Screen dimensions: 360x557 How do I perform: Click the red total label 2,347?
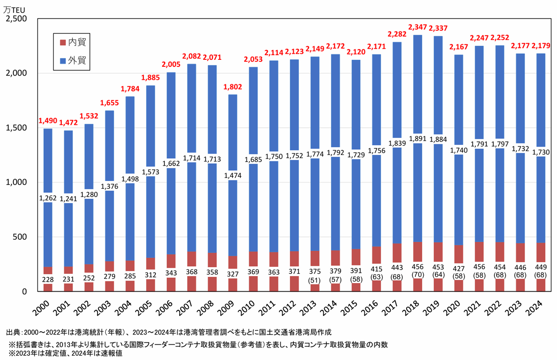tap(417, 28)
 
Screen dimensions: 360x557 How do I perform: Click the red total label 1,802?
tap(232, 87)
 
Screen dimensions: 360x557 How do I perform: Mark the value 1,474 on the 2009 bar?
tap(232, 176)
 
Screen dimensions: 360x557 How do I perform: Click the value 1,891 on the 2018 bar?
tap(417, 139)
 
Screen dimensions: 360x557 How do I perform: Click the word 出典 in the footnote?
tap(13, 332)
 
